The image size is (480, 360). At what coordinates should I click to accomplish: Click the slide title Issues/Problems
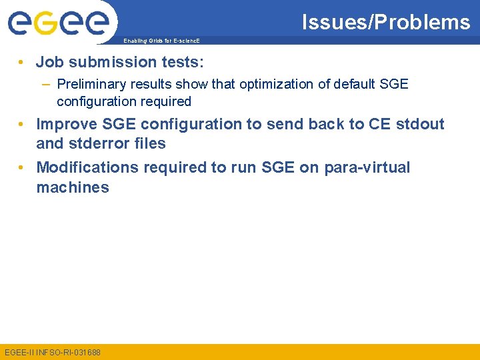tap(386, 22)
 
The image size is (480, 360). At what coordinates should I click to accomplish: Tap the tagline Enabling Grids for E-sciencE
tap(161, 41)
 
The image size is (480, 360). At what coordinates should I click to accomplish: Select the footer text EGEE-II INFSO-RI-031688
tap(52, 351)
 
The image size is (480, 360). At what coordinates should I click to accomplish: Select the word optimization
tap(257, 84)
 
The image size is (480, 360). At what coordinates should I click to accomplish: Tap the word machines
tap(73, 187)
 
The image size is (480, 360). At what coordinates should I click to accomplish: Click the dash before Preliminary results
tap(44, 84)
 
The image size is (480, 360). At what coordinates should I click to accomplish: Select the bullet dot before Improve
tap(23, 125)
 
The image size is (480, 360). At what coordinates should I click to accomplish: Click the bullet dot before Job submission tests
tap(23, 63)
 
